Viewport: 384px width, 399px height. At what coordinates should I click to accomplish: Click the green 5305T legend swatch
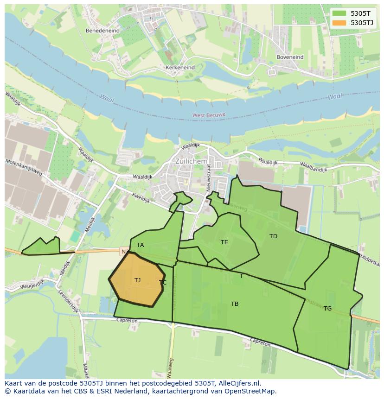click(x=339, y=14)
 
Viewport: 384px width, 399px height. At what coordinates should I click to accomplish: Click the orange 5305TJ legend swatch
click(x=339, y=23)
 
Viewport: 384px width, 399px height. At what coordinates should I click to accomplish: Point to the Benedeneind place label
click(x=102, y=31)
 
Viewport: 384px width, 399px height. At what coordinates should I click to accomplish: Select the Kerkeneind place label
click(x=180, y=67)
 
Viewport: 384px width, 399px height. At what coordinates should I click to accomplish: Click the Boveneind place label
click(x=289, y=57)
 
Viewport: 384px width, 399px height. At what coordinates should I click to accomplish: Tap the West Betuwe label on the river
click(x=209, y=114)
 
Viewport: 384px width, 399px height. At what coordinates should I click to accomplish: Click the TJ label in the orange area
click(x=137, y=280)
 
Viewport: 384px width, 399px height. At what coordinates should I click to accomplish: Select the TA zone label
click(x=140, y=245)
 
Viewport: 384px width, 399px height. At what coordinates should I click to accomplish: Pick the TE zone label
click(x=224, y=242)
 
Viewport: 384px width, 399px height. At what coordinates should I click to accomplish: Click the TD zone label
click(x=273, y=236)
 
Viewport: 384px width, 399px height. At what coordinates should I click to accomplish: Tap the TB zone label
click(x=235, y=304)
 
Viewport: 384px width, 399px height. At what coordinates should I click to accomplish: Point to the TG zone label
click(x=327, y=308)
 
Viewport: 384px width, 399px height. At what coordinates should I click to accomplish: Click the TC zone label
click(x=162, y=282)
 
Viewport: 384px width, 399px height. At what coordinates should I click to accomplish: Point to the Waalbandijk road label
click(x=314, y=167)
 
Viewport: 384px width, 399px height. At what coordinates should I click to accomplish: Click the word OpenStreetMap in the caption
click(x=250, y=391)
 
